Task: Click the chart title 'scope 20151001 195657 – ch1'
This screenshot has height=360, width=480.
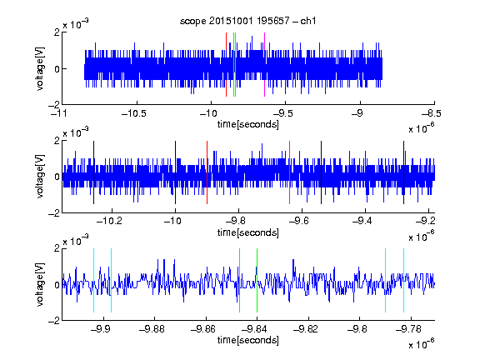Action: coord(248,21)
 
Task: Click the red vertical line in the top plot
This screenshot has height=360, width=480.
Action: coord(226,65)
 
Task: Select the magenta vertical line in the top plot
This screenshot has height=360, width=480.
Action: coord(264,65)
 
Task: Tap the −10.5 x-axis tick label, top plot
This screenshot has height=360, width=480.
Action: coord(134,114)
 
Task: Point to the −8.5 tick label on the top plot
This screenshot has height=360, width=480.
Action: coord(432,114)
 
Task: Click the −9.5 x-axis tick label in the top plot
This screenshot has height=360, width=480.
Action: coord(282,114)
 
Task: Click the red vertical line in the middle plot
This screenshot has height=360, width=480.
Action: coord(207,172)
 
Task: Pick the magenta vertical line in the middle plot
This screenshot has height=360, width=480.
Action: coord(290,172)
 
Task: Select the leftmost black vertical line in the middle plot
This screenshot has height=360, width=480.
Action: coord(93,172)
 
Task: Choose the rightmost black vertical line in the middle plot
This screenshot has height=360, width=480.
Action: coord(404,172)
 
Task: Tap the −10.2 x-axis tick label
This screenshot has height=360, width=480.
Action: coord(109,221)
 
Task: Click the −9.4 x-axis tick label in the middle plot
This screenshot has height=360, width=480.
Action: coord(362,221)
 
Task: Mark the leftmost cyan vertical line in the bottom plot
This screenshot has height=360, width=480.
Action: coord(93,280)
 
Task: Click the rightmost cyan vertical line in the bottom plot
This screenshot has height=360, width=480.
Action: coord(404,280)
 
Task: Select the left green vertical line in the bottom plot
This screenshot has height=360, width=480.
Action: coord(239,280)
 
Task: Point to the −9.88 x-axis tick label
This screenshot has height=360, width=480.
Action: coord(152,329)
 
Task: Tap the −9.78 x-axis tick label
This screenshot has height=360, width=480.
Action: coord(408,329)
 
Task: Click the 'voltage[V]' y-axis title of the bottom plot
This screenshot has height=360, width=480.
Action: coord(40,284)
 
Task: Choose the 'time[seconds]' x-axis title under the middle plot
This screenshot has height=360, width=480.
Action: coord(248,232)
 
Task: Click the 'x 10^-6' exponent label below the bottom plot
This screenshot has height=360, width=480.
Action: coord(422,342)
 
